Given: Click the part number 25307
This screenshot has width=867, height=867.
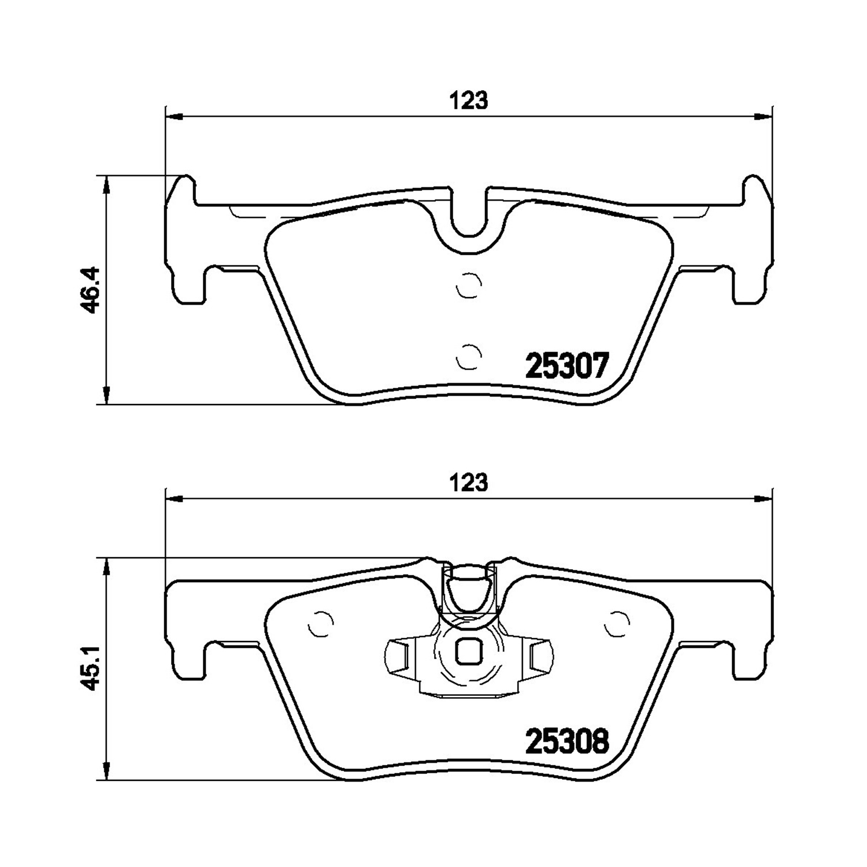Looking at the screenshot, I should point(566,365).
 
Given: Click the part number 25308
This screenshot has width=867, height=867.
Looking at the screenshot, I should point(566,741).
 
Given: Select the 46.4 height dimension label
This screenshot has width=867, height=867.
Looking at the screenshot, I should point(91,290).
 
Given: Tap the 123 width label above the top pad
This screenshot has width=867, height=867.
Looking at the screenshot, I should point(469,101).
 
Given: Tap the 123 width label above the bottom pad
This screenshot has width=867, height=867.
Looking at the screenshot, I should point(469,482).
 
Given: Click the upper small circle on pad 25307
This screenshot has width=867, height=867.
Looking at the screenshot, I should point(469,285).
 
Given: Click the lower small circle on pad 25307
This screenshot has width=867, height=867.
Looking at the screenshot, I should point(469,356).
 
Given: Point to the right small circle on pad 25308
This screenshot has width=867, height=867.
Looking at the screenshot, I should point(616,624).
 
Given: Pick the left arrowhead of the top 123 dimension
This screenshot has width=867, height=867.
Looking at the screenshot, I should point(174,117).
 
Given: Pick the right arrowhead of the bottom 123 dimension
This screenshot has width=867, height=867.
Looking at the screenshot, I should point(764,498).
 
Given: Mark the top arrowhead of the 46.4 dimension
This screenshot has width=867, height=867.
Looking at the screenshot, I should point(106,185).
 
